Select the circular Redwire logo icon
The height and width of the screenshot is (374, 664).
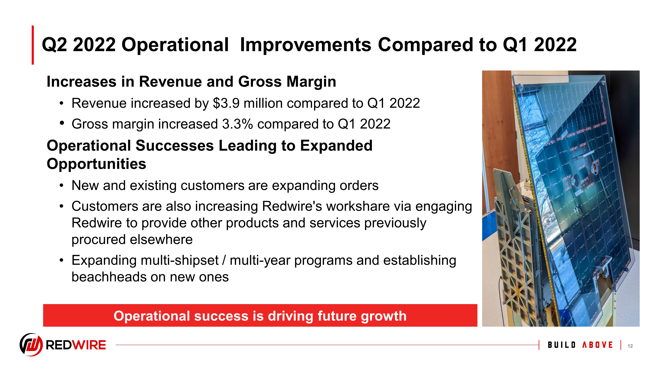click(x=31, y=345)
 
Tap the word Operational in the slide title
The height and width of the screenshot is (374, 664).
click(x=175, y=45)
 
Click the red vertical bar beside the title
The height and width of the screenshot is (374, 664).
click(x=33, y=45)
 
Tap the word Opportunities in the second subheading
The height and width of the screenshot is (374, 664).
click(x=96, y=164)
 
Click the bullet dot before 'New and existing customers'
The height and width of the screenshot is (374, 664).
click(x=61, y=186)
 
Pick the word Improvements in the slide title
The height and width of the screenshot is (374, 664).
click(x=306, y=45)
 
